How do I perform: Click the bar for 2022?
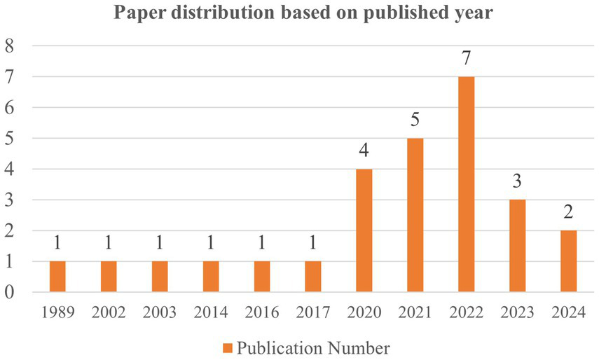tap(466, 184)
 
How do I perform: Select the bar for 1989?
tap(57, 277)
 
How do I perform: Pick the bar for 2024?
tap(568, 261)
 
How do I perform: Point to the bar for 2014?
tap(211, 277)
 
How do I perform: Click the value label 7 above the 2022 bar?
tap(467, 59)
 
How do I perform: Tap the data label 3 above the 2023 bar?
tap(518, 182)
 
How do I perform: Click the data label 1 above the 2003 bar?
tap(160, 244)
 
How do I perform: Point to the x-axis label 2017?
tap(313, 313)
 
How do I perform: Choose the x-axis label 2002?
tap(109, 313)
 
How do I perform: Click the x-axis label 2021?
tap(415, 313)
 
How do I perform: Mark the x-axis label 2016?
tap(262, 313)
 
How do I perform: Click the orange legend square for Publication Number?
tap(228, 347)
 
